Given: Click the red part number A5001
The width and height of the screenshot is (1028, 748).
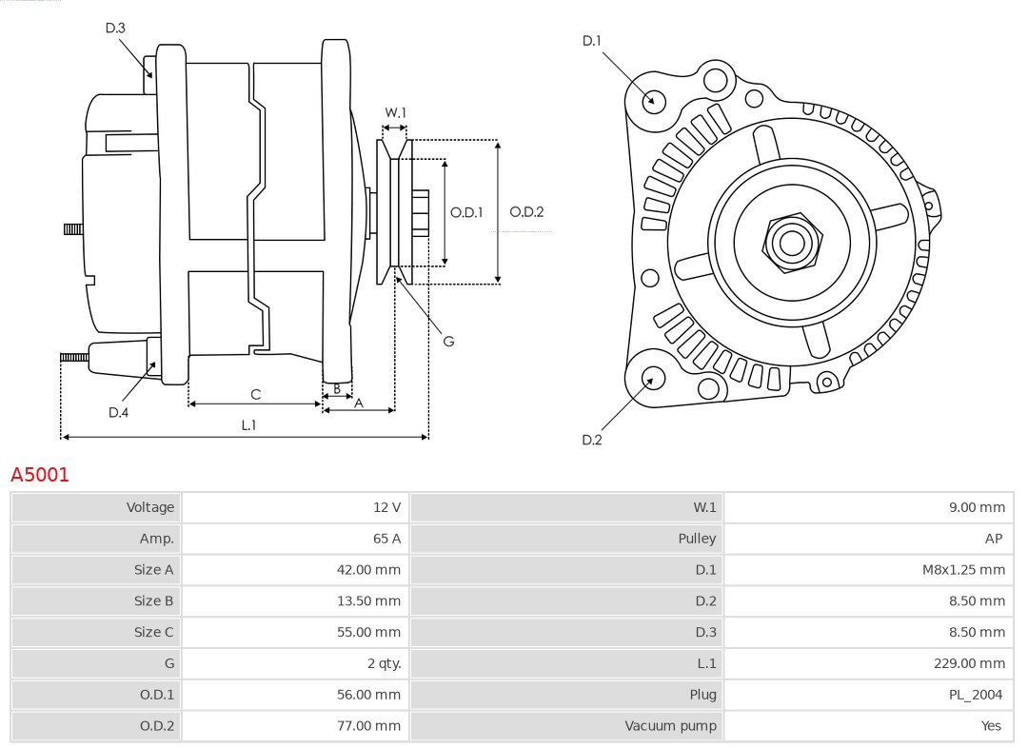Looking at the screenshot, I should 40,474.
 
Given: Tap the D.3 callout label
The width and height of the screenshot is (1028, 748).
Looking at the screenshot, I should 115,29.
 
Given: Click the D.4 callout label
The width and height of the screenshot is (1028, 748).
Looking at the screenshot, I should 118,412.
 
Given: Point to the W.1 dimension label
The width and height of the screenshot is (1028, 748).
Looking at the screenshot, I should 395,112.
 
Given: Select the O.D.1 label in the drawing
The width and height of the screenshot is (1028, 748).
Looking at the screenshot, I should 466,212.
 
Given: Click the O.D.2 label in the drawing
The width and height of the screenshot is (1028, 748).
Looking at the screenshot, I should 526,212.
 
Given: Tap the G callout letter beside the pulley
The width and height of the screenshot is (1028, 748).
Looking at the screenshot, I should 448,341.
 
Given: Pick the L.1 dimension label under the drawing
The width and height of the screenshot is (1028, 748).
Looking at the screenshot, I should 247,424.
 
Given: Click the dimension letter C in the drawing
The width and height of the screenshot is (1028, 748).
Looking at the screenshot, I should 255,394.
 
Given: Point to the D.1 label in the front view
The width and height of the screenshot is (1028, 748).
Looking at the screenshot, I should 592,41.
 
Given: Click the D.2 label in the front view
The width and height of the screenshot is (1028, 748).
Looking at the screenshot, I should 592,440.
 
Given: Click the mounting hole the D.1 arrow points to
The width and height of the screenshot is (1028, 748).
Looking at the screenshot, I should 654,100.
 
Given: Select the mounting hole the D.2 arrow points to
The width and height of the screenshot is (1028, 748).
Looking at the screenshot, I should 652,379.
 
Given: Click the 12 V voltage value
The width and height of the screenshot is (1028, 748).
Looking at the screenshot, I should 386,507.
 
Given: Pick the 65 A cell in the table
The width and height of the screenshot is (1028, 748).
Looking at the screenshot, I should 386,539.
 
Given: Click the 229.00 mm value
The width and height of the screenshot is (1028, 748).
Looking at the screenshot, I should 969,663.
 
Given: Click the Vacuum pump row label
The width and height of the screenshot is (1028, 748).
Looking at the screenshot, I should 670,726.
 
